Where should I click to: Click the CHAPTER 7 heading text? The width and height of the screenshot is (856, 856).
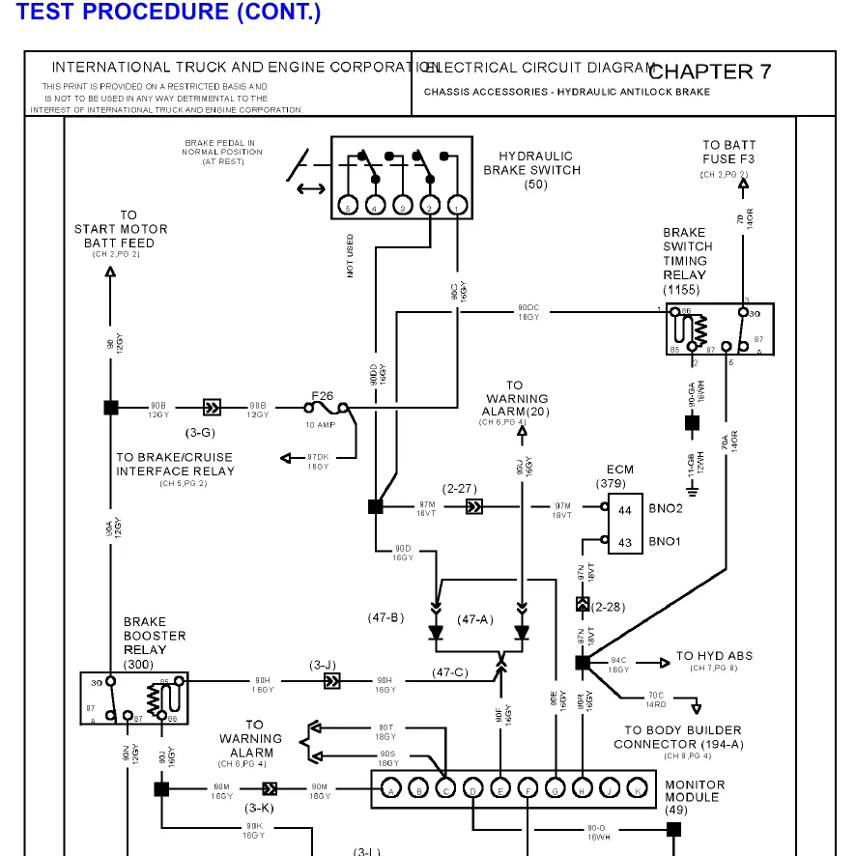point(710,71)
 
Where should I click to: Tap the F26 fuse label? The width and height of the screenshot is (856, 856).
point(321,394)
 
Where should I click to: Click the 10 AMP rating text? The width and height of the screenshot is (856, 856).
point(321,425)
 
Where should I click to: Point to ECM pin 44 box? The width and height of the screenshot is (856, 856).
point(624,508)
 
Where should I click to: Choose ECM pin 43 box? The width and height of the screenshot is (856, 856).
point(624,542)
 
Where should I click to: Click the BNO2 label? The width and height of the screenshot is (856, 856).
point(665,508)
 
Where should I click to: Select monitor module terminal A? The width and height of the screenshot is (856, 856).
point(391,789)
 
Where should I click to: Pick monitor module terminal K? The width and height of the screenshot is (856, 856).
point(638,789)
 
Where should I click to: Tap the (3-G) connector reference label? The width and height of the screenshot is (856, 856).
point(200,432)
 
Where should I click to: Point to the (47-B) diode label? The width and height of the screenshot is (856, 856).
point(385,618)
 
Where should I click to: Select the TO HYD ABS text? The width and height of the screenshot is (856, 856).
point(714,656)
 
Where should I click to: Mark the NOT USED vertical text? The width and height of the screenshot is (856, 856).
point(350,255)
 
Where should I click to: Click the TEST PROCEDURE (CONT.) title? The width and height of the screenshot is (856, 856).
point(169,13)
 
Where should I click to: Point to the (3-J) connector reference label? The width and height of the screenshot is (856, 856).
point(323,665)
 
